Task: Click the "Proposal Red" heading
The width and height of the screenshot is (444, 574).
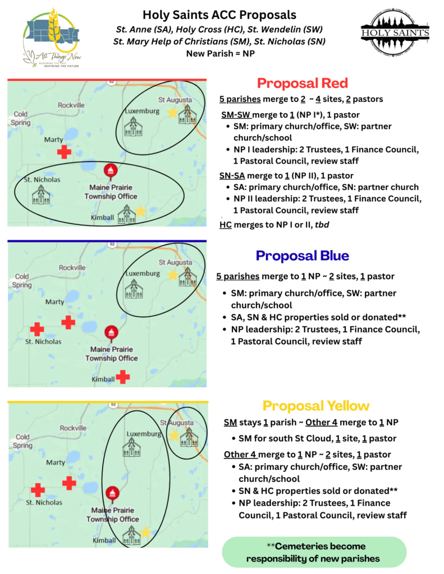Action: (302, 84)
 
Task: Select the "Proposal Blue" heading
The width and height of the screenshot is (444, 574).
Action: (302, 256)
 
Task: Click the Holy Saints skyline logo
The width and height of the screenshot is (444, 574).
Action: (395, 34)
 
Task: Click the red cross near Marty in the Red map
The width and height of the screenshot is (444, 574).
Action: (65, 151)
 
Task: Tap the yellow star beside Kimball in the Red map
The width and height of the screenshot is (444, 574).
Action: (140, 211)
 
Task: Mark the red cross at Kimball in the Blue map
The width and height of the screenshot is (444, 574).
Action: (122, 377)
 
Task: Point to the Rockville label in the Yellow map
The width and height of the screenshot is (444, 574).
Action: (72, 428)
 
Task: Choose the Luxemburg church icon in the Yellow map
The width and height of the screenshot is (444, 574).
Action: (131, 448)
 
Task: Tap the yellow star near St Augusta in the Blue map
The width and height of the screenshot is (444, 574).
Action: (172, 275)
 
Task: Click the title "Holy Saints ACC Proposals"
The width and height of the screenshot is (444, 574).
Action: (219, 15)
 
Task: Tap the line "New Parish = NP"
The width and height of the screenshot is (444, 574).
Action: (219, 53)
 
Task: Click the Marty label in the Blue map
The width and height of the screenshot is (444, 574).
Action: (54, 302)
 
